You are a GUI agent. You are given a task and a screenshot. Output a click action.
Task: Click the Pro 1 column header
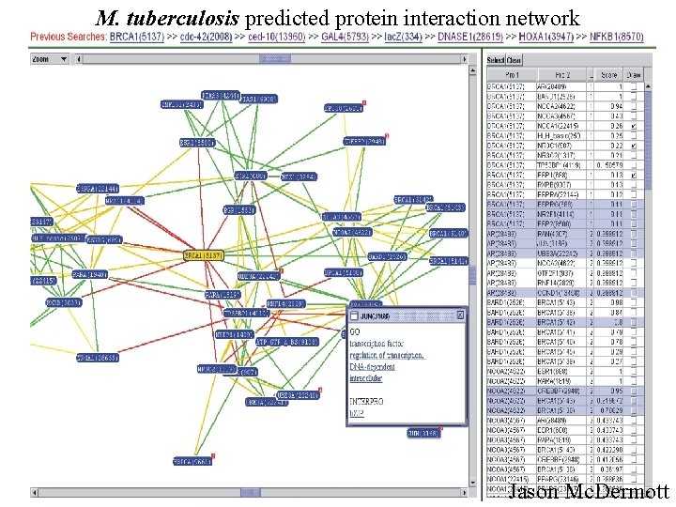[512, 74]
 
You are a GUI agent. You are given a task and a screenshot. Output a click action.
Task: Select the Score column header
[608, 74]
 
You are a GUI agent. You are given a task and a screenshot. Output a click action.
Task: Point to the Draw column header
[634, 74]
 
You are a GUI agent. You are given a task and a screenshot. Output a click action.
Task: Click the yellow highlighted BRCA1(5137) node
[201, 254]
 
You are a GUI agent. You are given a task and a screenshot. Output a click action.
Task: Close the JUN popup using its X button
[458, 316]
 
